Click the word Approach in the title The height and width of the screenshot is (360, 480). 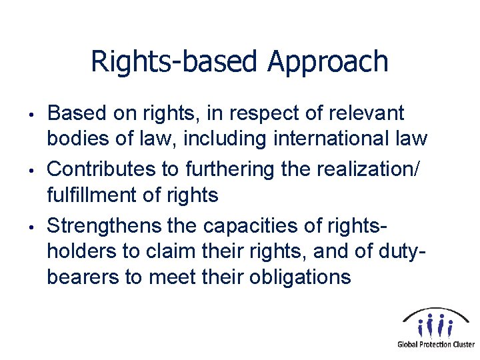tap(328, 62)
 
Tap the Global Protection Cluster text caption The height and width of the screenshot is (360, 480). tap(436, 344)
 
